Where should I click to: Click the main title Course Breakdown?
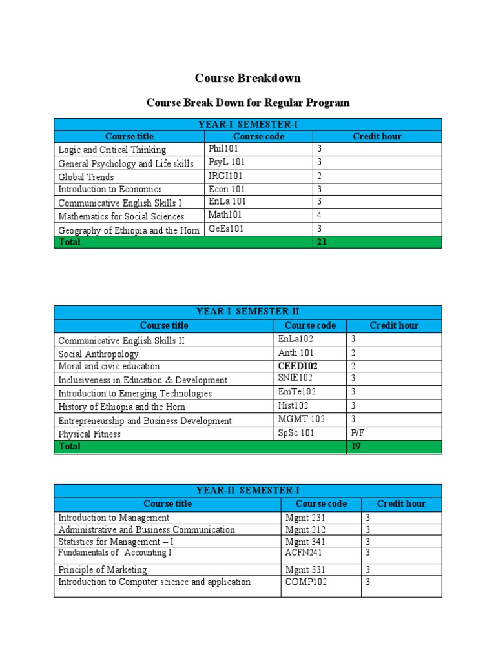pyautogui.click(x=248, y=78)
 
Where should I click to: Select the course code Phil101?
pyautogui.click(x=223, y=148)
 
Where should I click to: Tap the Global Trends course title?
pyautogui.click(x=86, y=177)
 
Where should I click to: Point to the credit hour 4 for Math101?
pyautogui.click(x=319, y=216)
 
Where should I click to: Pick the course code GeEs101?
pyautogui.click(x=226, y=229)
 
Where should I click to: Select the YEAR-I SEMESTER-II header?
pyautogui.click(x=248, y=312)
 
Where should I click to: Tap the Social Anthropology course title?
pyautogui.click(x=98, y=354)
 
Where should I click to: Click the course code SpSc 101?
pyautogui.click(x=296, y=433)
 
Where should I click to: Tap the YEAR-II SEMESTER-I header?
pyautogui.click(x=248, y=491)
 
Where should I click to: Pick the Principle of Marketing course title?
pyautogui.click(x=102, y=570)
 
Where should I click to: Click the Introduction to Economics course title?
pyautogui.click(x=110, y=190)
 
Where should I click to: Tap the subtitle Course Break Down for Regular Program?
pyautogui.click(x=248, y=103)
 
